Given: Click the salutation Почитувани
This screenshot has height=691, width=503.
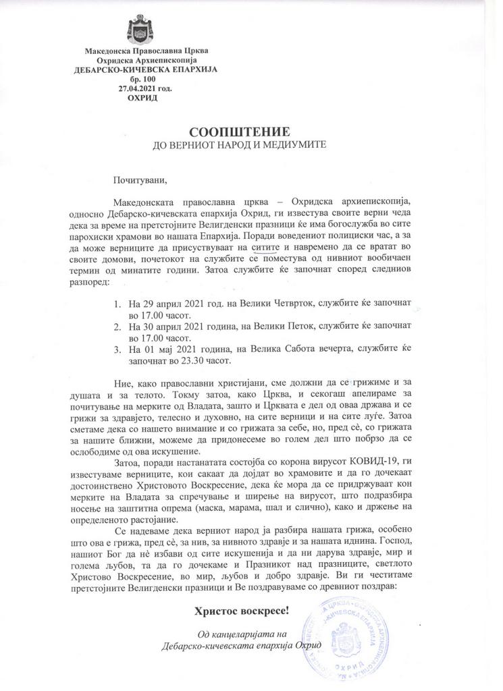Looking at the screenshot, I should pos(139,179).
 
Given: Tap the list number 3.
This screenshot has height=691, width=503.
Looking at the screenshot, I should pos(117,350).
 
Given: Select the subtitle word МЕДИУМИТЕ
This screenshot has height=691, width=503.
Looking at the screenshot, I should pos(298,145).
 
